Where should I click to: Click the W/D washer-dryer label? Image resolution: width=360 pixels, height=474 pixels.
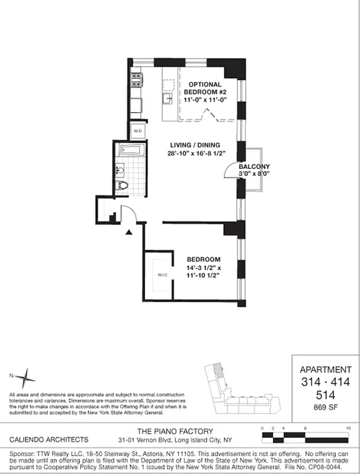click(x=137, y=130)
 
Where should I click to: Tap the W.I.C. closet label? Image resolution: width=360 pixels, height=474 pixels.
click(x=163, y=276)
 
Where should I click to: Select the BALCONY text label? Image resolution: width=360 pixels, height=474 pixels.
click(x=255, y=166)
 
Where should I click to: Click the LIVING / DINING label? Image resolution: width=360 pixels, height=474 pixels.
click(x=195, y=145)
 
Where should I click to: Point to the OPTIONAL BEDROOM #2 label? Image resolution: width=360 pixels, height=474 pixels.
click(x=201, y=85)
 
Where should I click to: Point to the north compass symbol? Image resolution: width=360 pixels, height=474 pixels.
click(x=25, y=376)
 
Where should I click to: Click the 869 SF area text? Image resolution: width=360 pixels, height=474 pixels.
click(x=325, y=407)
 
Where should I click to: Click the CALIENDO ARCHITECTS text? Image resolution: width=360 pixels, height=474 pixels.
click(x=49, y=440)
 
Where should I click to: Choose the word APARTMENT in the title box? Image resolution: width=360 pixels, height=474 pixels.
click(x=325, y=369)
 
